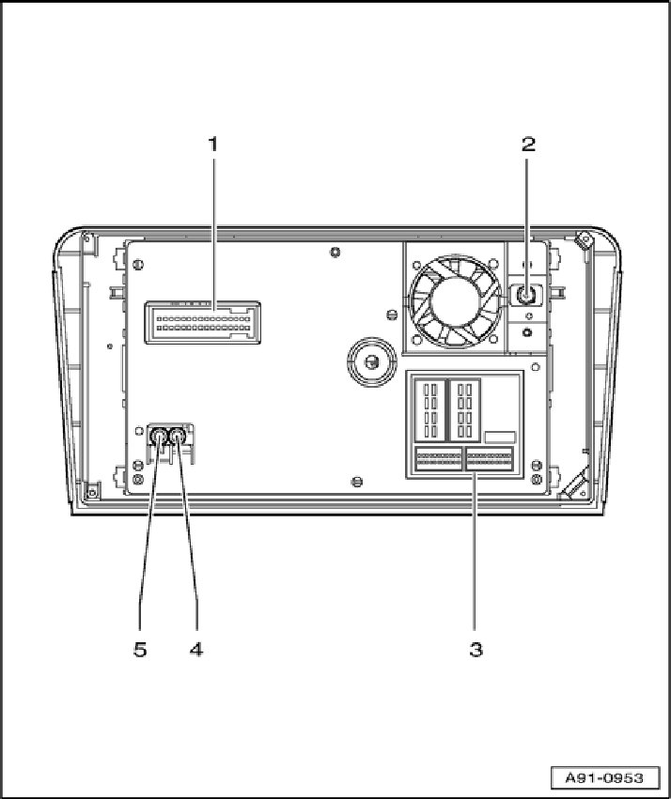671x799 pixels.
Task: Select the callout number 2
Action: (x=528, y=144)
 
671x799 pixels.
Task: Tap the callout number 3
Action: (x=476, y=649)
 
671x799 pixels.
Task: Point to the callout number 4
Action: (x=196, y=649)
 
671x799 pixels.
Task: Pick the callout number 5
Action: (x=140, y=649)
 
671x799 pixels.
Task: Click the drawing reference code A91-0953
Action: (x=609, y=777)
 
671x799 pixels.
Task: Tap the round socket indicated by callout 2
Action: (x=527, y=296)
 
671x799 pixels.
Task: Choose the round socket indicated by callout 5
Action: (x=160, y=435)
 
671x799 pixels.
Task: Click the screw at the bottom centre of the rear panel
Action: (x=355, y=482)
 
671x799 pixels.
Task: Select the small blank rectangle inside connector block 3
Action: (x=500, y=438)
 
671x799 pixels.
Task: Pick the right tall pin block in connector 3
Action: (x=463, y=409)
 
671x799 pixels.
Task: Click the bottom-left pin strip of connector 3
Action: (x=439, y=459)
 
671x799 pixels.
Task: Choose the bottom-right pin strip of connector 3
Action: (x=489, y=459)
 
